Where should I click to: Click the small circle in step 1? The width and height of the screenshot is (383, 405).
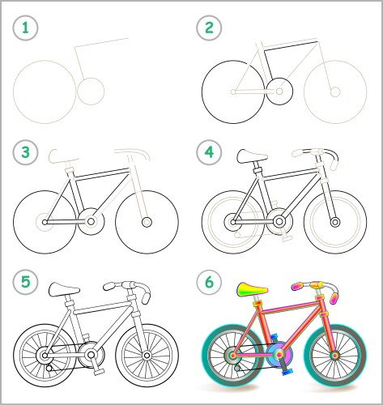pyautogui.click(x=91, y=92)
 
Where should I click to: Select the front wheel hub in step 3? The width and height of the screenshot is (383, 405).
pyautogui.click(x=147, y=220)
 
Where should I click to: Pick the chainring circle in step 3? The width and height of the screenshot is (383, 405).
pyautogui.click(x=91, y=220)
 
